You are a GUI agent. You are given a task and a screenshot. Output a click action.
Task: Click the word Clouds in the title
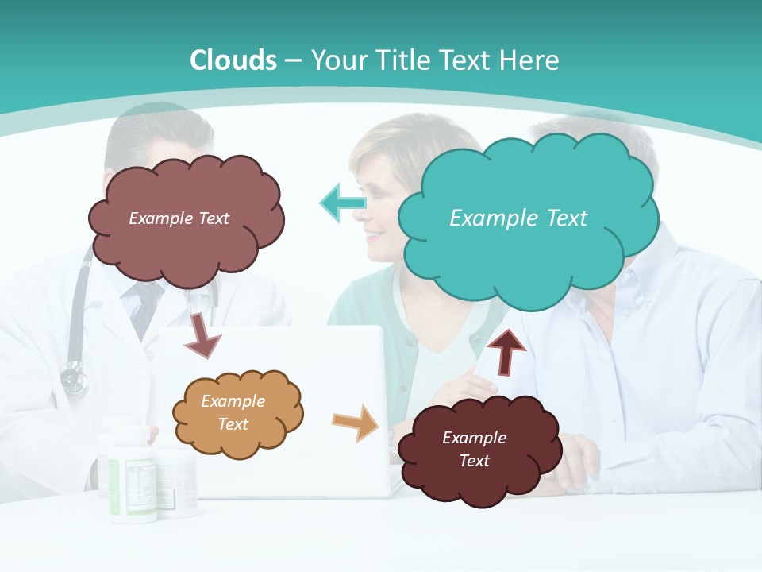233,60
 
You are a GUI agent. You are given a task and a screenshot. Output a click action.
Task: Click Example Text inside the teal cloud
518,218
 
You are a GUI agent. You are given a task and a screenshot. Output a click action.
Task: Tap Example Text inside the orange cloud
233,413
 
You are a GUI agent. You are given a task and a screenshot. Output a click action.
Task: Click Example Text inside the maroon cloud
474,449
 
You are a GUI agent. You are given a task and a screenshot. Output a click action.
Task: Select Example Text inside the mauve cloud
179,218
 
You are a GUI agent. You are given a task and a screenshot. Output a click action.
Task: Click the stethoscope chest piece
74,379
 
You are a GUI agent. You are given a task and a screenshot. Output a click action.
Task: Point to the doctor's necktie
143,306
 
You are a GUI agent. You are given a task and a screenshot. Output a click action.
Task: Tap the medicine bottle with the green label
127,477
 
